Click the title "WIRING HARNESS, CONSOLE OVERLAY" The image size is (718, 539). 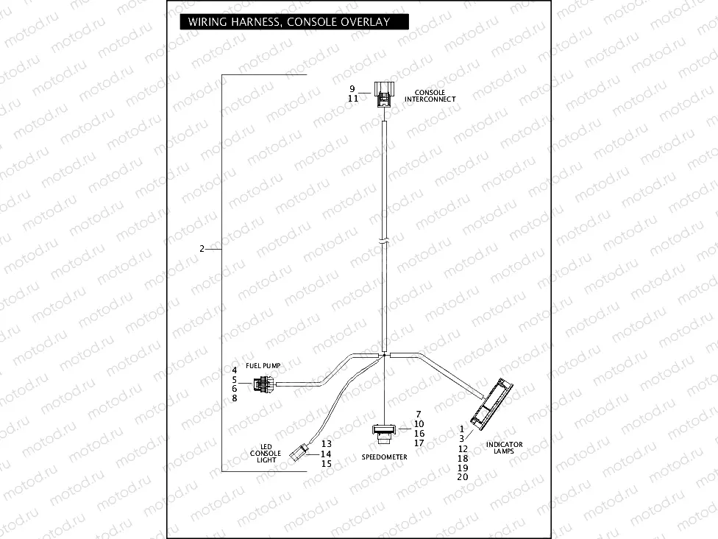(x=288, y=21)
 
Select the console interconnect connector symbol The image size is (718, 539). (x=384, y=94)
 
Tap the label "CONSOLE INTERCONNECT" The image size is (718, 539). (x=430, y=96)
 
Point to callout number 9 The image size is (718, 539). (x=353, y=89)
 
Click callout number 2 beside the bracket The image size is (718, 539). (x=202, y=249)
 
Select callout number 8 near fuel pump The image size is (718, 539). (x=234, y=398)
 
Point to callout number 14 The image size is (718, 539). (x=327, y=454)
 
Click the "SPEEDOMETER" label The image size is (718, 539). (x=384, y=457)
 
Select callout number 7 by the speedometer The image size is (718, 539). (x=418, y=414)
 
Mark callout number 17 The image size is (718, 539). (x=419, y=443)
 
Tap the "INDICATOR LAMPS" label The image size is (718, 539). (x=504, y=448)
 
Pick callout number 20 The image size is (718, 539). (x=463, y=476)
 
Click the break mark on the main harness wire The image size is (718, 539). (x=384, y=240)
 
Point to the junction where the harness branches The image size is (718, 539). (x=384, y=355)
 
